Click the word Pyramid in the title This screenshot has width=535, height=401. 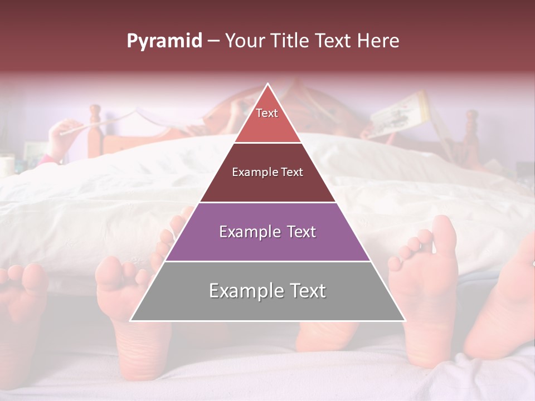tap(164, 41)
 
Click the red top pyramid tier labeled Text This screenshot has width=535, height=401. tap(267, 120)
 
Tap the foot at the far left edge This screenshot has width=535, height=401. tap(22, 312)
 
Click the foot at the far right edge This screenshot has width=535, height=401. tap(504, 301)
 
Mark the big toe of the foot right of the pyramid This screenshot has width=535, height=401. tap(444, 234)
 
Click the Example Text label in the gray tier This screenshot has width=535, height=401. tap(267, 291)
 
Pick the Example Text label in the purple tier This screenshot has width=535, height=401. tap(267, 232)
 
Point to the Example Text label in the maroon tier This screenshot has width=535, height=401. tap(267, 172)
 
